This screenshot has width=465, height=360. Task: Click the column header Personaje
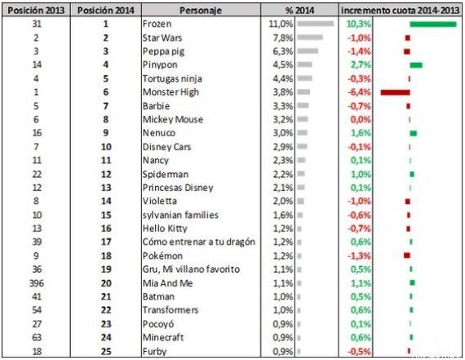pos(201,11)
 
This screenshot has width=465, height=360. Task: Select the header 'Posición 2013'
pos(36,11)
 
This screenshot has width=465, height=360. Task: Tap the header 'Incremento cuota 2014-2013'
pos(400,11)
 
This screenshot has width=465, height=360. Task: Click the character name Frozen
pos(157,24)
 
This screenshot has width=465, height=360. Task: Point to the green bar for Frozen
pos(433,24)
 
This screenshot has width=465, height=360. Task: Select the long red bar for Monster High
pos(396,92)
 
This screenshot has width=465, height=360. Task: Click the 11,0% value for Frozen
pos(281,24)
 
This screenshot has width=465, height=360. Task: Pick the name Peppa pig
pos(163,51)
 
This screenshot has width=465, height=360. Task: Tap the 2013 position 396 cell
pos(37,283)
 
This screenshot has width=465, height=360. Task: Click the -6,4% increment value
pos(360,92)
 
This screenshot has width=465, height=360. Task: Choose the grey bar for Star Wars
pos(310,38)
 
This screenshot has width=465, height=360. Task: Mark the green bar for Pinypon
pos(416,65)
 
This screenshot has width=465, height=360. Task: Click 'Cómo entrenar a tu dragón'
pos(199,242)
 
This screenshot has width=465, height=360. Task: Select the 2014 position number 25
pos(106,351)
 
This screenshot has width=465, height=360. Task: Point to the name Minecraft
pos(163,337)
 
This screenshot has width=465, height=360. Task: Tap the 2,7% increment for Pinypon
pos(361,64)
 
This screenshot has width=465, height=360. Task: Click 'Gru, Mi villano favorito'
pos(191,269)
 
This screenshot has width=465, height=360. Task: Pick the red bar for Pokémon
pos(407,256)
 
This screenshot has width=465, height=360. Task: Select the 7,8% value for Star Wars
pos(282,38)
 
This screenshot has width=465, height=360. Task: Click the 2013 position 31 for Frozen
pos(37,24)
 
